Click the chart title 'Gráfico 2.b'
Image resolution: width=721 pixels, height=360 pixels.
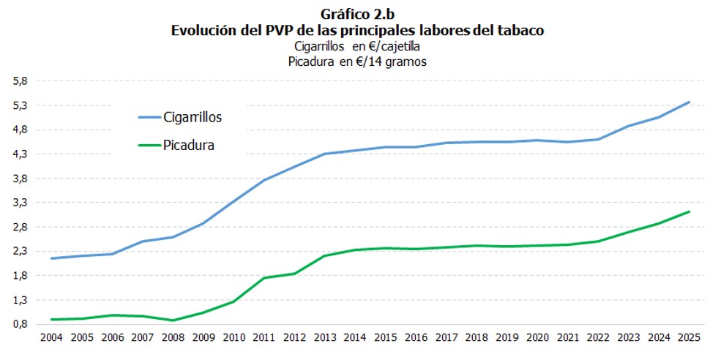[x=358, y=15]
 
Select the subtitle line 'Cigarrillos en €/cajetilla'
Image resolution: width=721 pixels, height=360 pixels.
[x=358, y=47]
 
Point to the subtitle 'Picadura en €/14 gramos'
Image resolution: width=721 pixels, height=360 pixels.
[x=358, y=62]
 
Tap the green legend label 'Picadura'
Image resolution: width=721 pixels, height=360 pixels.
[x=189, y=146]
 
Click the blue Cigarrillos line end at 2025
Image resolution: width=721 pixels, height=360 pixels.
[x=689, y=102]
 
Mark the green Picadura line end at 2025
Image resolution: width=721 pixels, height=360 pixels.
[x=689, y=211]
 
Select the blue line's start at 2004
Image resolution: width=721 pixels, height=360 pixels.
[x=51, y=258]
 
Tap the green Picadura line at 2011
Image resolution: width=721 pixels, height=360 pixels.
[x=264, y=277]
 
